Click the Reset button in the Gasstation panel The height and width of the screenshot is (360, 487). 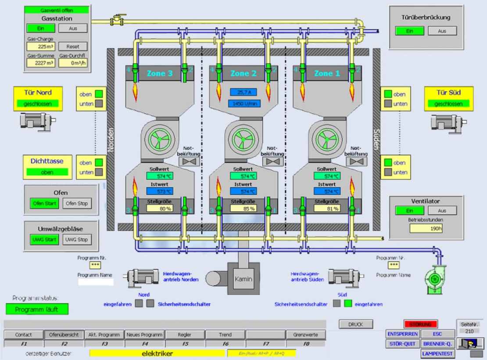(73, 46)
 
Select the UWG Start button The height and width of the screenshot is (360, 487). (44, 240)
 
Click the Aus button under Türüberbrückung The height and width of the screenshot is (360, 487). (442, 31)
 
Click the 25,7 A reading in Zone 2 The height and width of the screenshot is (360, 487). (243, 93)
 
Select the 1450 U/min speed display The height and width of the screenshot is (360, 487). (243, 104)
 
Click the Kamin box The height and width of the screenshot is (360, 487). (243, 279)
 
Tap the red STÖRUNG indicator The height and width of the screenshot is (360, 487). (420, 324)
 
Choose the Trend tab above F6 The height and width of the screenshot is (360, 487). (225, 335)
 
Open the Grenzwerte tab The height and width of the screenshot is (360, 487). (306, 335)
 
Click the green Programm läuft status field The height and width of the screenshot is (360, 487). (38, 309)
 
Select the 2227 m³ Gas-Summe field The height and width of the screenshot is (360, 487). (41, 63)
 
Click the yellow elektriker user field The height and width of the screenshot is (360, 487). (157, 353)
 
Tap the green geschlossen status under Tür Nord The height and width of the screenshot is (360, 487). (38, 104)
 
